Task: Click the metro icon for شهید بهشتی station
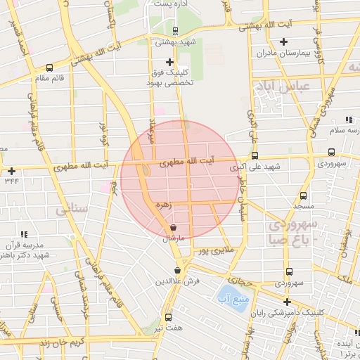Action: click(174, 30)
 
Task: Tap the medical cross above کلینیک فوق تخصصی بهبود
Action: click(169, 62)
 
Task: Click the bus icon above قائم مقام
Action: click(49, 68)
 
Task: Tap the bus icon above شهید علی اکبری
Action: click(255, 156)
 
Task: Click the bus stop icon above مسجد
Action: click(303, 196)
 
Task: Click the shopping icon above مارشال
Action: click(173, 227)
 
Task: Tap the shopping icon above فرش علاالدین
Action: click(178, 269)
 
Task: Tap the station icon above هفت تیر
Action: click(168, 317)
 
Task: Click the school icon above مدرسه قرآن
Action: click(23, 233)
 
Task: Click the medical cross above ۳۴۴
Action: click(11, 171)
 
